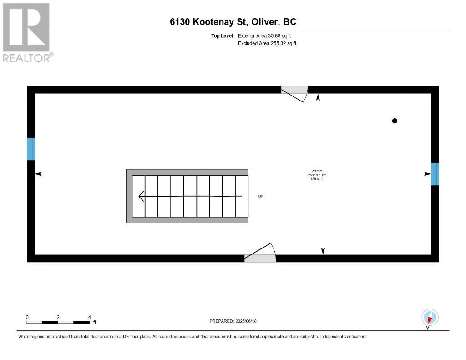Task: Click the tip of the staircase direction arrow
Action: pos(139,196)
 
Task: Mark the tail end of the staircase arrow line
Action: pos(241,196)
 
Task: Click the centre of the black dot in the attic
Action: pos(395,121)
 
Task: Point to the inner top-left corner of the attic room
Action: pos(35,94)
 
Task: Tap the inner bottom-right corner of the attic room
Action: pos(431,254)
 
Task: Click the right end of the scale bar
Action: pos(90,322)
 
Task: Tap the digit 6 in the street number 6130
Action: pos(172,22)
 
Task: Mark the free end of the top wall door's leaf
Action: pos(303,102)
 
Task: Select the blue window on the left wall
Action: pos(31,149)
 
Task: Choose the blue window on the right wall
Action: pos(435,174)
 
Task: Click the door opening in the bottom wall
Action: pos(260,259)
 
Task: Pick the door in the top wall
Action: pos(294,90)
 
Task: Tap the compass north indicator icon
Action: pos(430,318)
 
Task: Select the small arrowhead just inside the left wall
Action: pos(38,174)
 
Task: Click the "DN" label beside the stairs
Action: pos(261,196)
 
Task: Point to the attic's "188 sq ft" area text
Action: pos(317,179)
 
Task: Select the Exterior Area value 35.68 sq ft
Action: pos(279,35)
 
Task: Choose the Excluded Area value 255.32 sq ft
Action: pos(284,43)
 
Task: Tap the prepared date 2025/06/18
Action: pos(246,321)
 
